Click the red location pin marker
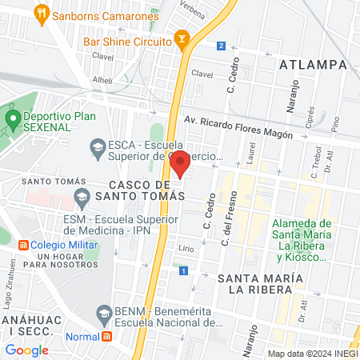click(180, 162)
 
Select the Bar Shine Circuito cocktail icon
click(182, 40)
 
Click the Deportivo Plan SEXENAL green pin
click(12, 119)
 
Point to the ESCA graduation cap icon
click(98, 146)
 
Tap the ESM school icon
click(81, 196)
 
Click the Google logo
click(26, 350)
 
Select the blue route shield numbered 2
click(220, 46)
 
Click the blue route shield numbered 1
click(185, 272)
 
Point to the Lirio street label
click(186, 250)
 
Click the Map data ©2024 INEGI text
click(312, 353)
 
